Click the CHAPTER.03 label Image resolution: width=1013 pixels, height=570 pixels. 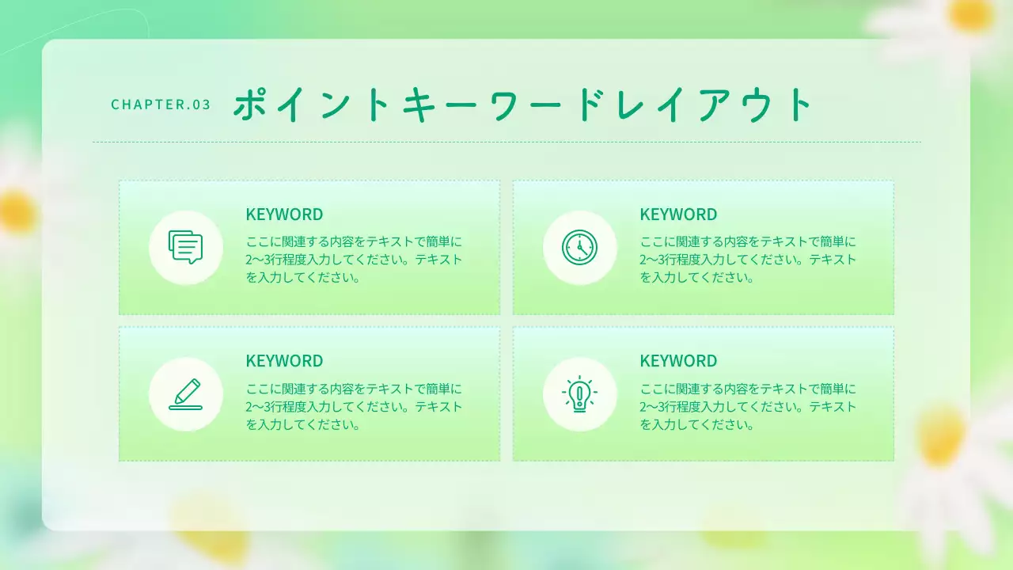(x=161, y=104)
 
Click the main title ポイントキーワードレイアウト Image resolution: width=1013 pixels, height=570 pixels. (x=523, y=104)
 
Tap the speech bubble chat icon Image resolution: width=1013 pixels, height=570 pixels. (x=185, y=247)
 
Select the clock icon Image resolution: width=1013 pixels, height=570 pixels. (x=579, y=247)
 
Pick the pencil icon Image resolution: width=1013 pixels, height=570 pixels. (x=185, y=393)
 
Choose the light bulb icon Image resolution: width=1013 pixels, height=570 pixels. (x=579, y=393)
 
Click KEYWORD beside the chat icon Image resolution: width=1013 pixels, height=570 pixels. (x=284, y=215)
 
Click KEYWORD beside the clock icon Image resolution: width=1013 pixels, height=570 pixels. (x=678, y=215)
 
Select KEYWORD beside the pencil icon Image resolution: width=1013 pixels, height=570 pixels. (x=284, y=361)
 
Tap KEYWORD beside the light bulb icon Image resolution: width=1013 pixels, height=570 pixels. (x=678, y=361)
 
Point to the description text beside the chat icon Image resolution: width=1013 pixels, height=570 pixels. (x=354, y=260)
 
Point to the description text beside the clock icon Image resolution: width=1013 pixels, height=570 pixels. (x=748, y=260)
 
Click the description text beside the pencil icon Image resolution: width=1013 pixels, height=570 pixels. (x=354, y=406)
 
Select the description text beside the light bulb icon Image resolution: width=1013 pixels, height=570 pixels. (x=748, y=406)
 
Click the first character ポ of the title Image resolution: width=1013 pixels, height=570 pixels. (x=249, y=104)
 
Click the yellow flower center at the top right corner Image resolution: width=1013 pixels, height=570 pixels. (x=970, y=14)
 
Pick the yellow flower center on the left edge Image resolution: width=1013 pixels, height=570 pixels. (x=16, y=212)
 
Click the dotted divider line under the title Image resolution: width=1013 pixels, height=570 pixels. (x=506, y=142)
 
